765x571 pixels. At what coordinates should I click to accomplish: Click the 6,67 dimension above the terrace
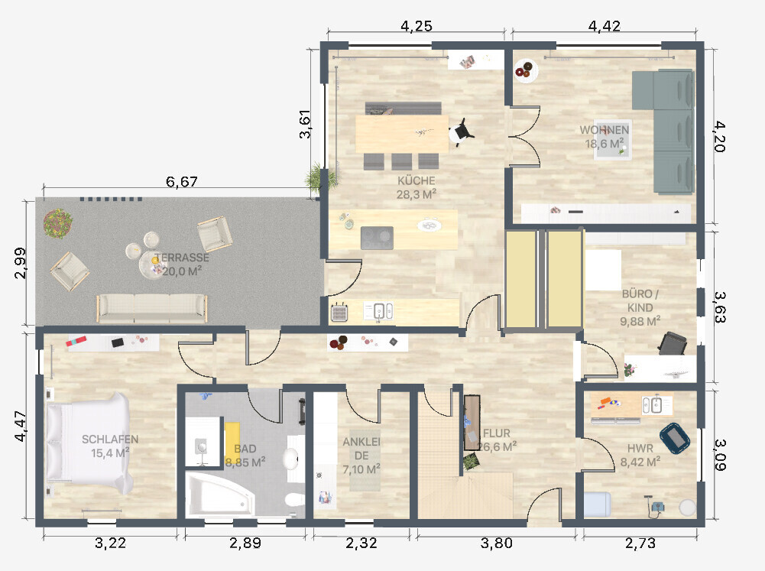click(x=181, y=182)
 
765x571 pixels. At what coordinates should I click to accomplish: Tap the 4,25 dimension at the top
click(x=417, y=26)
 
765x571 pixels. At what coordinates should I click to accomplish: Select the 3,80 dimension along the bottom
click(x=496, y=543)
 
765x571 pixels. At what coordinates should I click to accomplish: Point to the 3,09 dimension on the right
click(x=720, y=454)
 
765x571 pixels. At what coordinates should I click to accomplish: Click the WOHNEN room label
click(x=604, y=130)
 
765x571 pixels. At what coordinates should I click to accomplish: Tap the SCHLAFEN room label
click(x=110, y=440)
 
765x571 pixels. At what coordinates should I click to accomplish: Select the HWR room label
click(x=640, y=448)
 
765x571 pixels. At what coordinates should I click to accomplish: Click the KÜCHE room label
click(x=417, y=180)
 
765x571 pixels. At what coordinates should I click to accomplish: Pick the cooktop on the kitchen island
click(x=377, y=238)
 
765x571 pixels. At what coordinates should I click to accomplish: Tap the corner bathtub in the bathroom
click(x=220, y=493)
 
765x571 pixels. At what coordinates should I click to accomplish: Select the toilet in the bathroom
click(x=295, y=500)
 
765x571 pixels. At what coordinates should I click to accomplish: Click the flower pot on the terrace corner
click(x=58, y=223)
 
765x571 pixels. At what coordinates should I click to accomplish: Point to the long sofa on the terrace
click(x=152, y=309)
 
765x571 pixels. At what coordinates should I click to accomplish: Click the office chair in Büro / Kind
click(x=673, y=343)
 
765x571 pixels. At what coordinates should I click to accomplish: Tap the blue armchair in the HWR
click(x=675, y=438)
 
